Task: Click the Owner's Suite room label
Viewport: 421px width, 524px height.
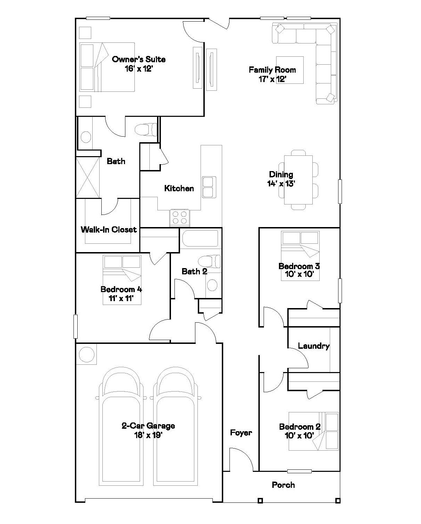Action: pyautogui.click(x=139, y=59)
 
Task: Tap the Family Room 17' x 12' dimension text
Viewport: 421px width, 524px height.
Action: pyautogui.click(x=272, y=79)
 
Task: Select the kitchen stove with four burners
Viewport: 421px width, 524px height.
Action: pyautogui.click(x=180, y=218)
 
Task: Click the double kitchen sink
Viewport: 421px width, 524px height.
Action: pyautogui.click(x=209, y=187)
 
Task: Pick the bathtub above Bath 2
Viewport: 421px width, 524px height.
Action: pyautogui.click(x=200, y=239)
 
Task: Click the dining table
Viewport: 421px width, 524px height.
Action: pyautogui.click(x=298, y=180)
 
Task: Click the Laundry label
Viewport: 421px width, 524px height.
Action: pyautogui.click(x=314, y=346)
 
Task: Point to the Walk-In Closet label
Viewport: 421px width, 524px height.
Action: pyautogui.click(x=109, y=229)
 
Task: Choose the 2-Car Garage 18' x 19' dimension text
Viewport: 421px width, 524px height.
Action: pyautogui.click(x=148, y=435)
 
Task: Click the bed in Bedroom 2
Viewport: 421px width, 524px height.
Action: pyautogui.click(x=314, y=431)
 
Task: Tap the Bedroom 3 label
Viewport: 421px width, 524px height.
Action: pyautogui.click(x=299, y=266)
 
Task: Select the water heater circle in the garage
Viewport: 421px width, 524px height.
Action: pyautogui.click(x=87, y=355)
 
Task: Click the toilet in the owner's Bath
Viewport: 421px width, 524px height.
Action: pyautogui.click(x=146, y=129)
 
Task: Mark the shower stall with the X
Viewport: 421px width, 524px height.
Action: pyautogui.click(x=88, y=178)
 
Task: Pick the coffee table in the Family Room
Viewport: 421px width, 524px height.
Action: pyautogui.click(x=290, y=70)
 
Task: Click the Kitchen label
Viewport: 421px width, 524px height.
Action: pyautogui.click(x=179, y=188)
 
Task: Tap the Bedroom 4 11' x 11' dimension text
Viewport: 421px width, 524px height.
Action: pyautogui.click(x=121, y=298)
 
